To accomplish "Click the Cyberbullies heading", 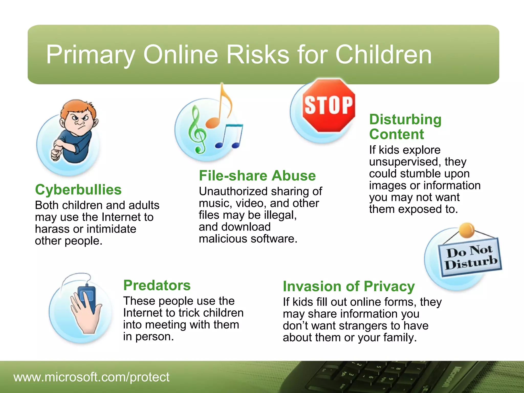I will click(78, 190).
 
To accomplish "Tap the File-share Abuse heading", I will click(257, 176).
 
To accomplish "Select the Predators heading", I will click(157, 285).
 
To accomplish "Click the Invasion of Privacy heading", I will click(348, 286).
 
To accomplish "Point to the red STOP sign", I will click(329, 105).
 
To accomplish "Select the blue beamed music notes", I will click(229, 137).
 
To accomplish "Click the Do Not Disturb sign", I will click(470, 257).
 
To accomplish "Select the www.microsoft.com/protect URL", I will click(91, 377).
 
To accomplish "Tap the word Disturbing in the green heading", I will click(405, 119).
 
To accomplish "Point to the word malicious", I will click(223, 239).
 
